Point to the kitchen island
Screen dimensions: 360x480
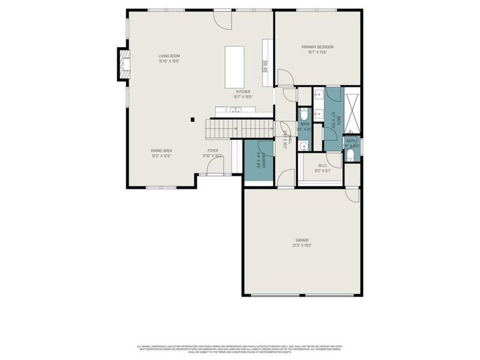click(235, 66)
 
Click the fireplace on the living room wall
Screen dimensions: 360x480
click(123, 64)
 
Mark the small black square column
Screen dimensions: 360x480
click(192, 119)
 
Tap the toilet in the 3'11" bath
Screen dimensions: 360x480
click(350, 156)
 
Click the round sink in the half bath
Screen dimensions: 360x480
click(304, 145)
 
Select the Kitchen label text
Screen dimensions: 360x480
click(242, 92)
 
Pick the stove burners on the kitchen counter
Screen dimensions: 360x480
click(265, 66)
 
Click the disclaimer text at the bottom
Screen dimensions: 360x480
click(240, 349)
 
